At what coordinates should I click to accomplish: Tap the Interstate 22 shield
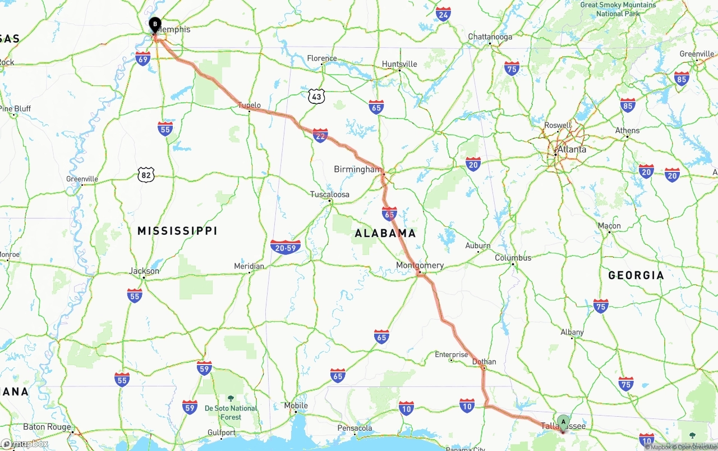click(x=320, y=135)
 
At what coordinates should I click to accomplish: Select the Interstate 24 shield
click(x=443, y=14)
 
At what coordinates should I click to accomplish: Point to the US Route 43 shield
click(x=316, y=97)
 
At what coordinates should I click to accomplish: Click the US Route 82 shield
click(x=146, y=175)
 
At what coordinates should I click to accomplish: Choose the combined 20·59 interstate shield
click(x=286, y=247)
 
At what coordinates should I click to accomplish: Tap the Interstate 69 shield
click(x=143, y=58)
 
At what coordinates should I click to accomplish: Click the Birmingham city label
click(x=357, y=169)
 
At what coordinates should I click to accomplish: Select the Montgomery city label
click(x=420, y=265)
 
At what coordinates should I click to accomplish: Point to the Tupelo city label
click(x=249, y=105)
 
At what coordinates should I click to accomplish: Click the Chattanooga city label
click(x=490, y=37)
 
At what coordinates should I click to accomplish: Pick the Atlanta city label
click(x=572, y=149)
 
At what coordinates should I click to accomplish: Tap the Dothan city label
click(x=484, y=362)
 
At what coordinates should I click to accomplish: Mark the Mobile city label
click(x=296, y=406)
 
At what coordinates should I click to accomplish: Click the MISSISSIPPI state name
click(x=177, y=231)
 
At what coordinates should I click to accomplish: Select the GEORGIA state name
click(x=636, y=275)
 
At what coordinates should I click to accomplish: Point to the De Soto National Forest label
click(x=231, y=413)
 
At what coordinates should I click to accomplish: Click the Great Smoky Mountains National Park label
click(x=618, y=9)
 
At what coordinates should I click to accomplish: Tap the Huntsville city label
click(x=399, y=64)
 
